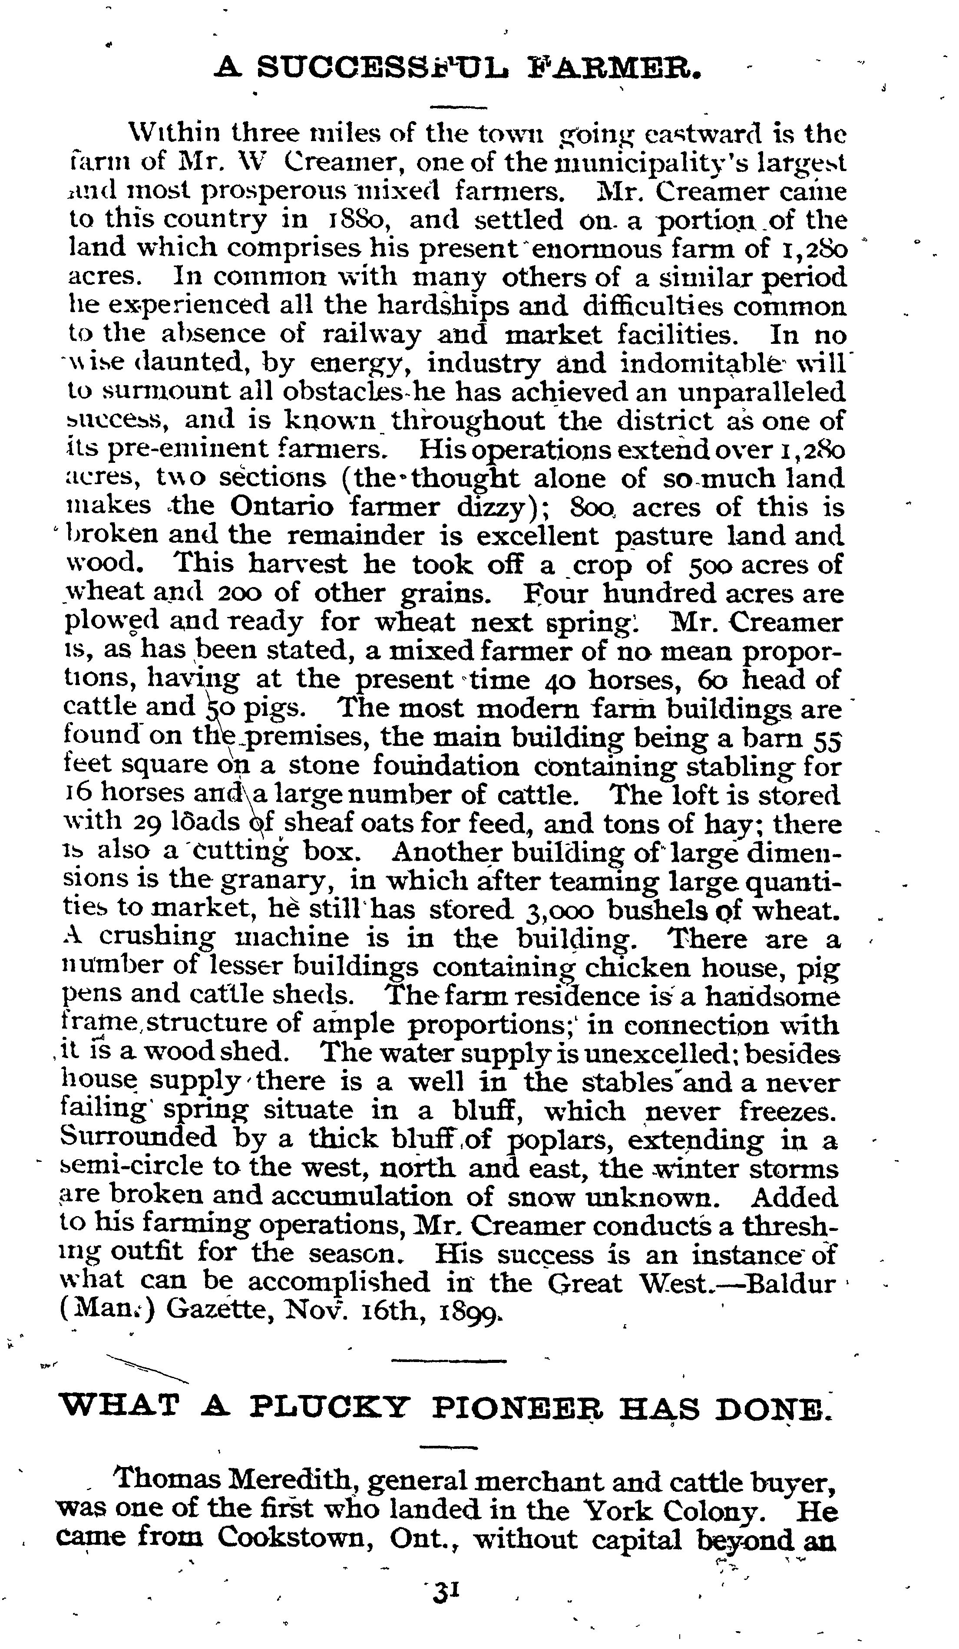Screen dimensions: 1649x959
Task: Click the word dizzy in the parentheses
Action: point(492,508)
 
